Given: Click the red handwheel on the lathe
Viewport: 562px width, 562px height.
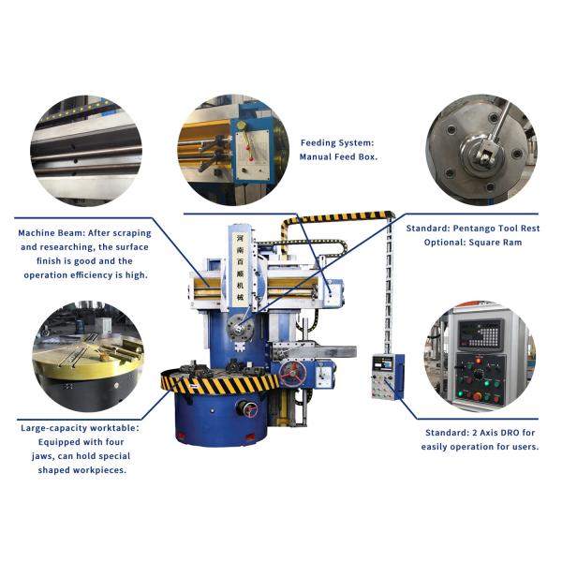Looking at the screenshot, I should [x=293, y=373].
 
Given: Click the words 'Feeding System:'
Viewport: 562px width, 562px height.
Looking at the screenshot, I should [x=336, y=143].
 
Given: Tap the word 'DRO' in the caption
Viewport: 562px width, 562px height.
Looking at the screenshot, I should [x=500, y=433].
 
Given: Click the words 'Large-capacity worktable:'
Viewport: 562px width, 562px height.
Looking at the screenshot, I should [x=80, y=428].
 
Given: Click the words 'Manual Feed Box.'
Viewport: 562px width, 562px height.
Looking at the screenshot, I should [x=338, y=157].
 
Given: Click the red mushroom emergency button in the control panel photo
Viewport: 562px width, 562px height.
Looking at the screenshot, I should [x=474, y=396].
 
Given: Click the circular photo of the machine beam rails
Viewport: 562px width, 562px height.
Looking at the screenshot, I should [x=88, y=150].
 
